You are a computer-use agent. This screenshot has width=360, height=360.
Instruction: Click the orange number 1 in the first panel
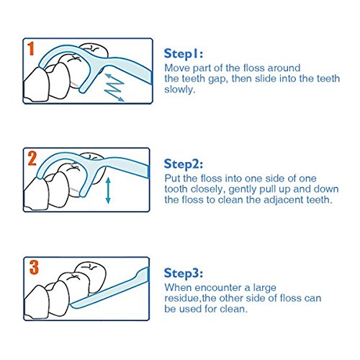pos(31,49)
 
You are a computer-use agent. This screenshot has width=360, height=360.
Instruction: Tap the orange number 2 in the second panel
pos(32,158)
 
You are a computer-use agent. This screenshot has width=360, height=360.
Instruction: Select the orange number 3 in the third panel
pos(34,268)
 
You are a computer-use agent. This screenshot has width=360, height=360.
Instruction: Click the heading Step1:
pos(184,54)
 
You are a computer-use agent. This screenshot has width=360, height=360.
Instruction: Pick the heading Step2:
pos(184,164)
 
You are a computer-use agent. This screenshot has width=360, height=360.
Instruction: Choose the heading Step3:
pos(184,273)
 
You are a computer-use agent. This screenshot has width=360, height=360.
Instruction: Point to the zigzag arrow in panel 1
pos(114,88)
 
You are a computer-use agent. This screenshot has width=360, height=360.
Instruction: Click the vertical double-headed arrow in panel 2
pos(108,190)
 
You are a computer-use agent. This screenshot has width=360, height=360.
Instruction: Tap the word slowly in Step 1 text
pos(179,89)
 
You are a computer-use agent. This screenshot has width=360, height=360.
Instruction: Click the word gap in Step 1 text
pos(218,79)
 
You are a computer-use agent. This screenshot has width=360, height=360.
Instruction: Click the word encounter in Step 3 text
pos(218,287)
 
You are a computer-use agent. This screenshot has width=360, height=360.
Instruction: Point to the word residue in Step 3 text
pos(181,298)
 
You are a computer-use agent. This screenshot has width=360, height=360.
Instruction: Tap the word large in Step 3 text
pos(264,288)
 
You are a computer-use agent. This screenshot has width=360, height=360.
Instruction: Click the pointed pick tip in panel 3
pos(71,305)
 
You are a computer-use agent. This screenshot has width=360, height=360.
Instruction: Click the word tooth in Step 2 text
pos(176,189)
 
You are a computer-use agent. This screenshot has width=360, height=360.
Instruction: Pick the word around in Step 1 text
pos(284,68)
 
